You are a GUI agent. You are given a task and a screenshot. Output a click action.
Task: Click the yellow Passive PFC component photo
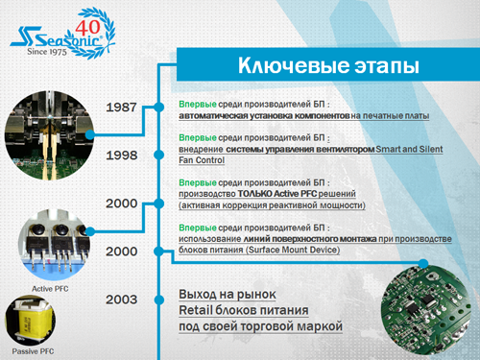36,322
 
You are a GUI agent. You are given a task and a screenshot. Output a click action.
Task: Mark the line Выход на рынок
228,293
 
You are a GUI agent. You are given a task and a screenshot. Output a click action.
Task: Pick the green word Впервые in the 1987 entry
198,104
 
